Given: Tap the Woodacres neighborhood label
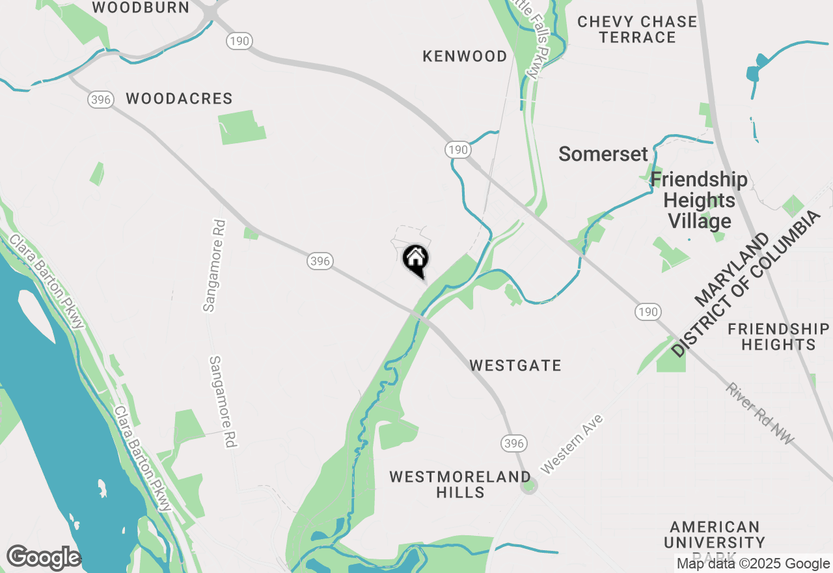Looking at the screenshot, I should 179,99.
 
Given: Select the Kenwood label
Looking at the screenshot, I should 465,57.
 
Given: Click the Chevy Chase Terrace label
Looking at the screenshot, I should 637,29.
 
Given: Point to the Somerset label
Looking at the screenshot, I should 603,154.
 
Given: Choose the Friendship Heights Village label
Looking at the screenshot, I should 699,200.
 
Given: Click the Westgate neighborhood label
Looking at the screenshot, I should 515,365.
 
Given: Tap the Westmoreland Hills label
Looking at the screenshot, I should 460,484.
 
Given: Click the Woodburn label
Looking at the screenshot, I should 141,8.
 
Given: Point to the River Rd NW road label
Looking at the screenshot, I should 760,415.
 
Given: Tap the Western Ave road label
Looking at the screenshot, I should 572,443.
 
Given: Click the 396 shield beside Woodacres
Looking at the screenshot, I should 100,100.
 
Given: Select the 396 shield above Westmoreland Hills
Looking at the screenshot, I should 513,443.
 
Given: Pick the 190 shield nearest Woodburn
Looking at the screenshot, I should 239,41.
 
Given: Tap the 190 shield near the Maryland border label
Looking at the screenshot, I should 648,312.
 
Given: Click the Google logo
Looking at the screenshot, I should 43,558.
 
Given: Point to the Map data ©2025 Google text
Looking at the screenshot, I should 753,564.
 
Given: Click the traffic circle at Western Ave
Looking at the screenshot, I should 529,485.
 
